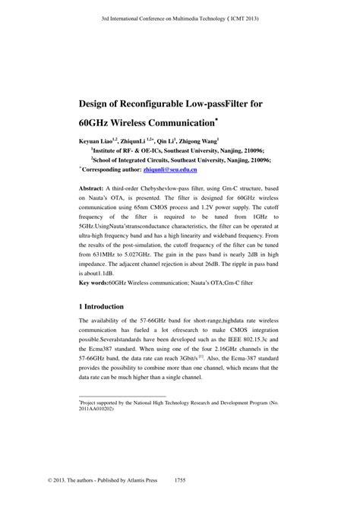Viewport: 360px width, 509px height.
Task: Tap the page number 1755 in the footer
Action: click(x=180, y=501)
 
